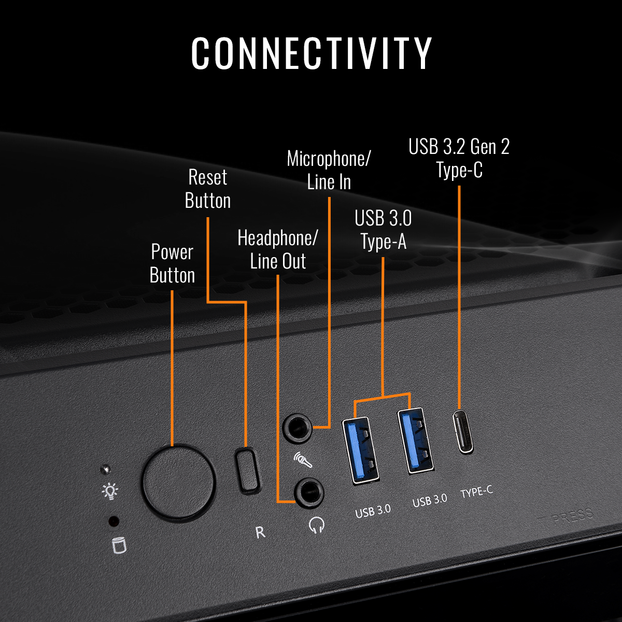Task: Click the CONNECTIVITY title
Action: (311, 53)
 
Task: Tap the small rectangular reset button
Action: (247, 470)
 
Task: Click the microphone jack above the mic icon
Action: (298, 428)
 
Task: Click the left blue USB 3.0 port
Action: (360, 451)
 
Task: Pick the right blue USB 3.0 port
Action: (415, 441)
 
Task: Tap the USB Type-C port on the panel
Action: (462, 431)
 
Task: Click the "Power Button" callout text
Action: (172, 263)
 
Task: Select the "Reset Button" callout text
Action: (207, 189)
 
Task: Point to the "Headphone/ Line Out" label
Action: (278, 249)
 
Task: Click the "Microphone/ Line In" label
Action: (329, 170)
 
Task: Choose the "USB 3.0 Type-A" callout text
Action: (383, 230)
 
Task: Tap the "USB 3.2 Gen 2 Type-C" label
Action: (459, 158)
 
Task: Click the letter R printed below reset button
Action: (260, 532)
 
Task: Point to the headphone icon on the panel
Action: (316, 525)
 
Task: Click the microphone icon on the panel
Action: (303, 460)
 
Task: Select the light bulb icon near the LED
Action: (110, 491)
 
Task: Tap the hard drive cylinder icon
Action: (119, 545)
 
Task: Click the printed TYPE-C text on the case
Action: (477, 492)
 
